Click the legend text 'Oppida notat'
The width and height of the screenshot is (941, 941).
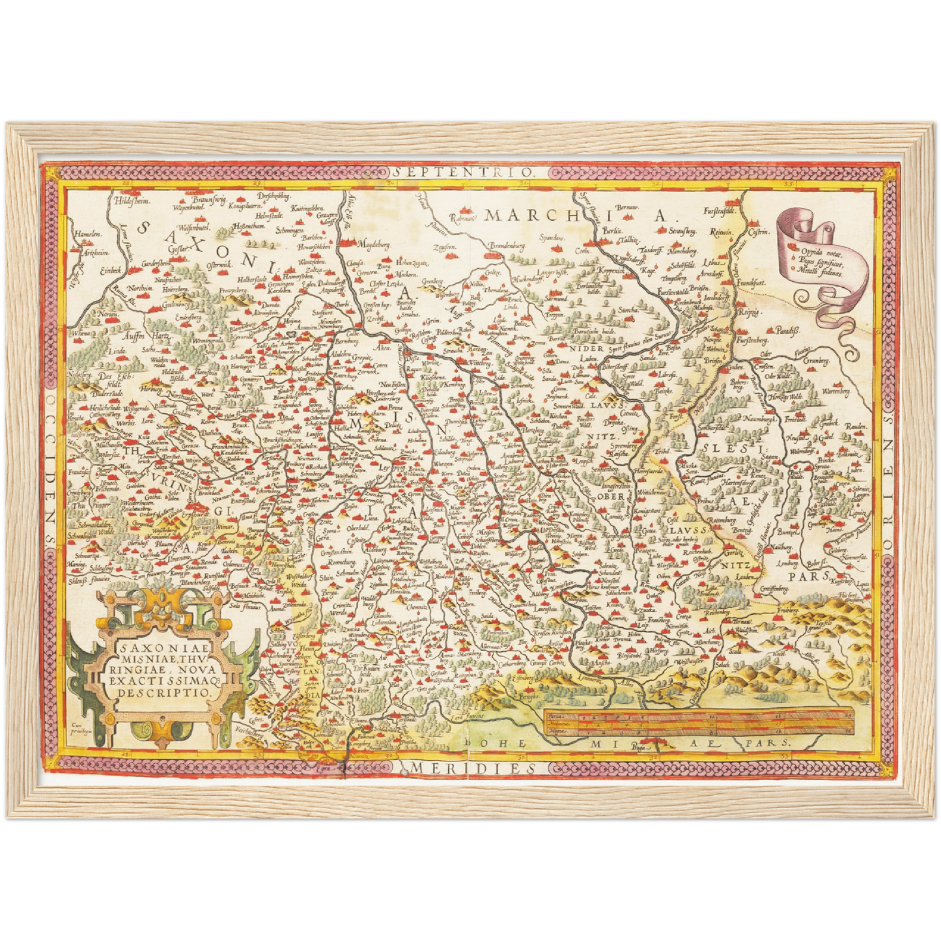821,251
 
